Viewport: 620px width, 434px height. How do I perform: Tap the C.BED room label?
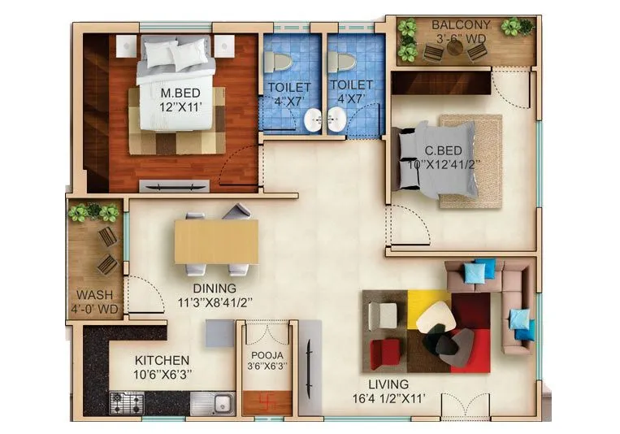click(x=444, y=150)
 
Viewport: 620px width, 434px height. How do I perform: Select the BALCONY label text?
click(x=460, y=25)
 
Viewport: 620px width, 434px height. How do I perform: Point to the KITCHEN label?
click(x=162, y=360)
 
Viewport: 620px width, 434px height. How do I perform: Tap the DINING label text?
click(x=215, y=288)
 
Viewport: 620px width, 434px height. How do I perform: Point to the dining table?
click(x=216, y=241)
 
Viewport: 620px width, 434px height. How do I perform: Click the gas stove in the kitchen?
click(x=126, y=401)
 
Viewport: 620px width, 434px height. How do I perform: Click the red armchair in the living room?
click(x=386, y=353)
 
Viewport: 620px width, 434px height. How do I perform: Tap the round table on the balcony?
click(x=455, y=47)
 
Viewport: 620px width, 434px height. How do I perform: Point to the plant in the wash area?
click(x=93, y=212)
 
